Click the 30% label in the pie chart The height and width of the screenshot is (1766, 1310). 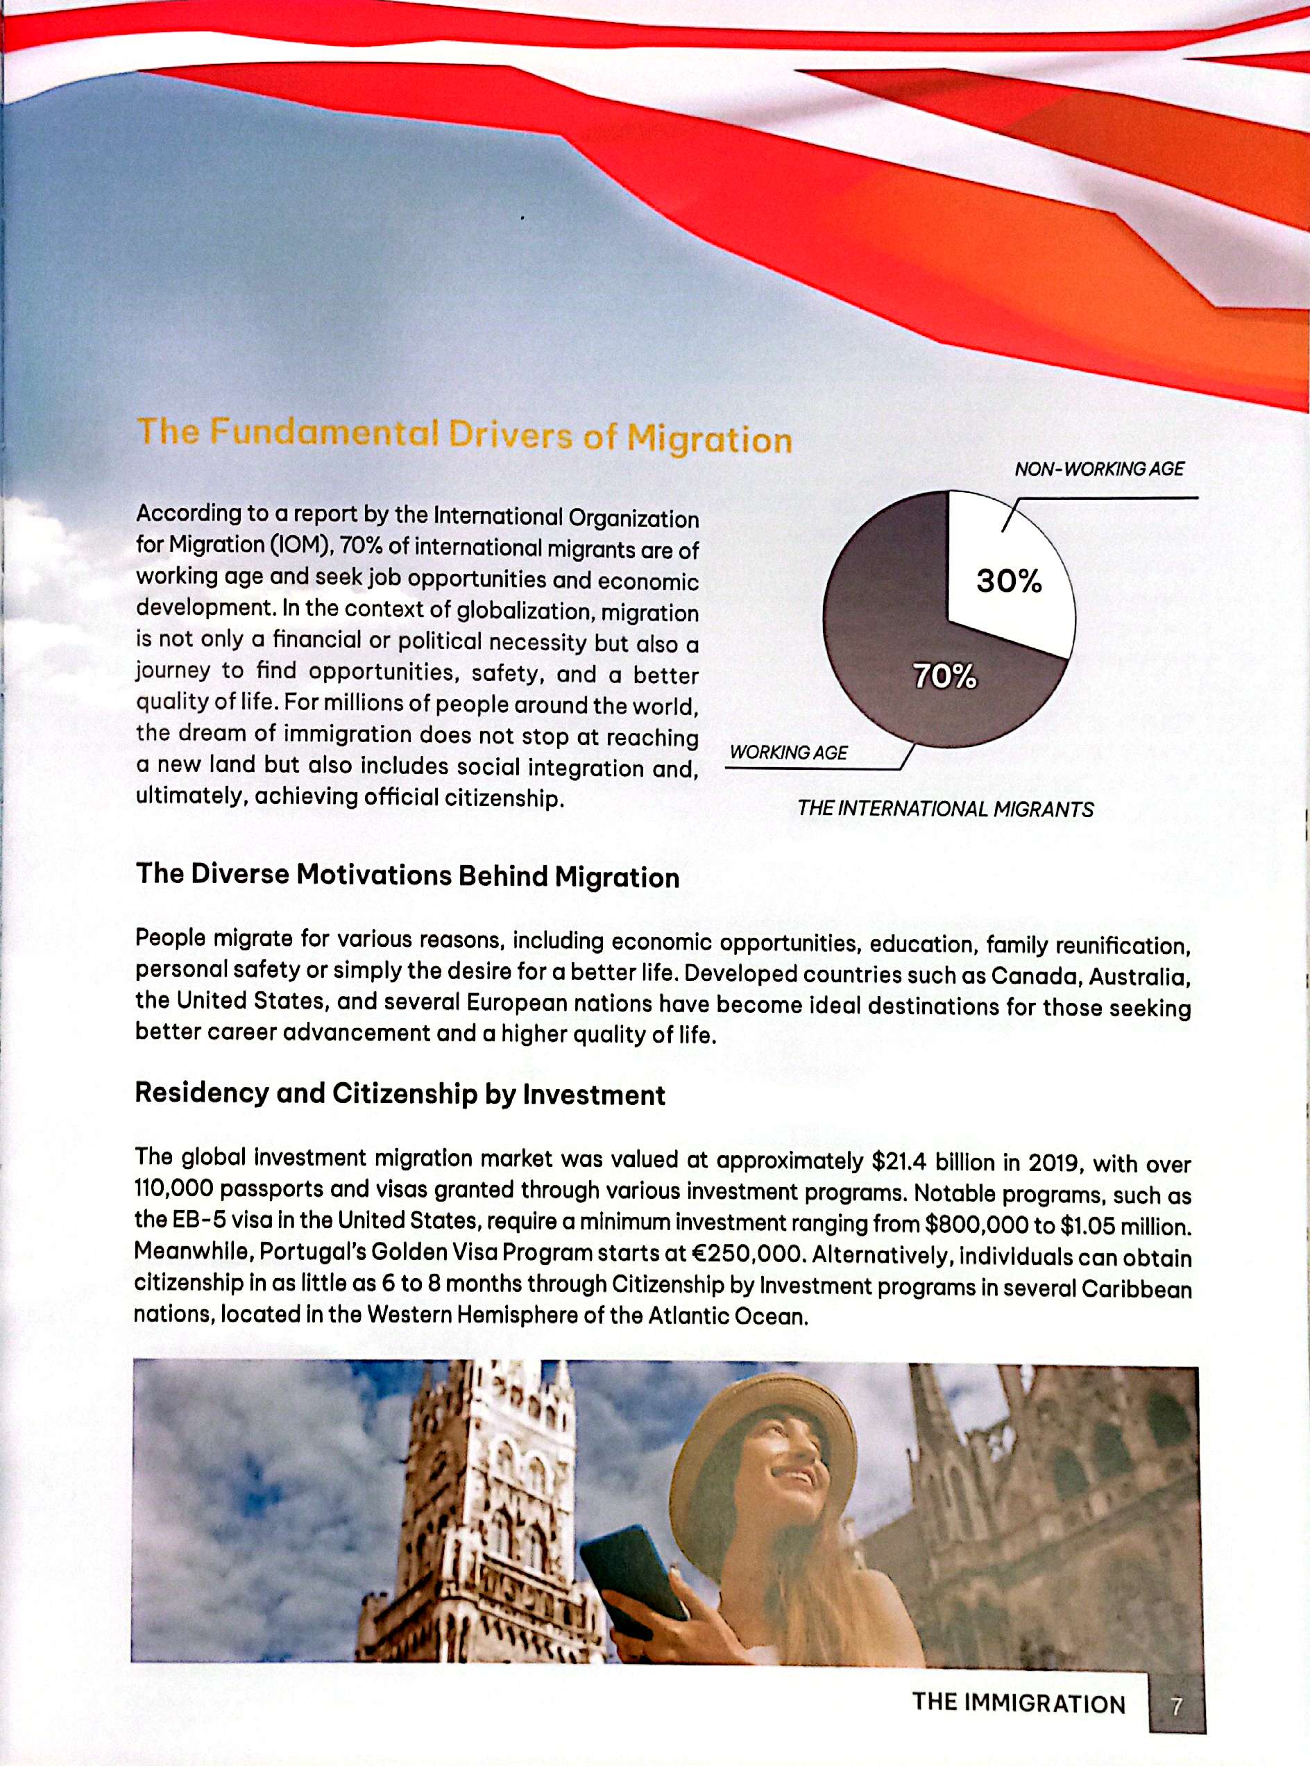(1009, 582)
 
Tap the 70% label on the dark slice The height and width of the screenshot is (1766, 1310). (944, 676)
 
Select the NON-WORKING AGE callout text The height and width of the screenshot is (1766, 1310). (1099, 469)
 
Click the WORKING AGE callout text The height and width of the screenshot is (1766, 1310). (788, 752)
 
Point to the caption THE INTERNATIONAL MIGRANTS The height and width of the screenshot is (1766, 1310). (945, 809)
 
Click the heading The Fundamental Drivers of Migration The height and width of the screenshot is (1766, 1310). (464, 435)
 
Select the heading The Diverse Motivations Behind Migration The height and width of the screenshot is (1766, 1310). (407, 875)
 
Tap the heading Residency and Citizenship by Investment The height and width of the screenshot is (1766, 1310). (400, 1094)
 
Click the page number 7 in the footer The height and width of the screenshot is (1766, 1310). (1177, 1704)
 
